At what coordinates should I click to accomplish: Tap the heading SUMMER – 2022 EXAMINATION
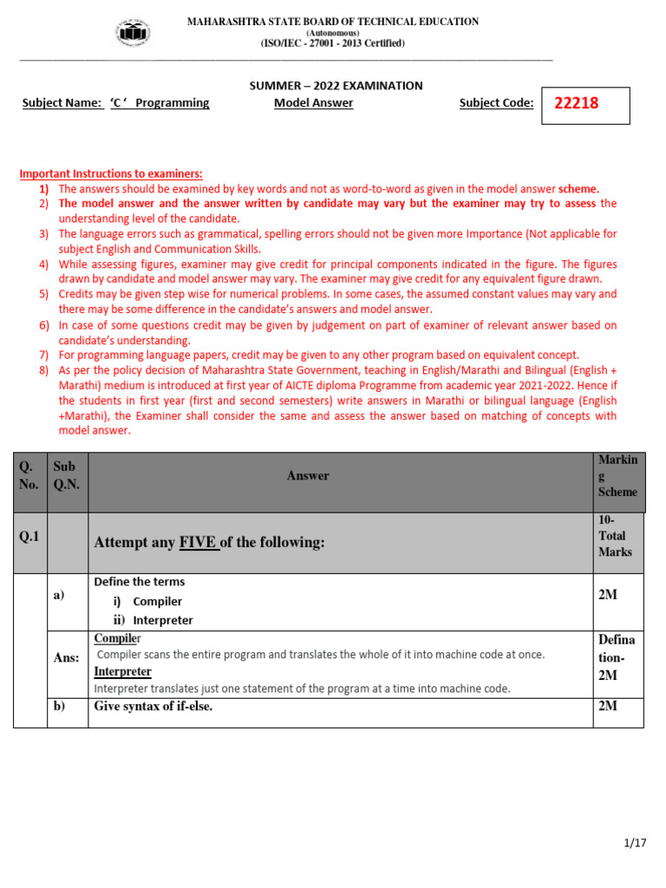336,85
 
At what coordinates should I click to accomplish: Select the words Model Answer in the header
313,102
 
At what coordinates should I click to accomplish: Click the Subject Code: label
496,102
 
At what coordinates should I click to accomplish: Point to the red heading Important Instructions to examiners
111,173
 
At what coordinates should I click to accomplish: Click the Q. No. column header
29,475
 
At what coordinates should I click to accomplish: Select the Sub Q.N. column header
66,475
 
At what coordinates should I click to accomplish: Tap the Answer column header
308,475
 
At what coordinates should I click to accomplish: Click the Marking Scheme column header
617,475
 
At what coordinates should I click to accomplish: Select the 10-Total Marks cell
615,536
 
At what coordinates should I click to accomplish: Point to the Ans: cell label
66,658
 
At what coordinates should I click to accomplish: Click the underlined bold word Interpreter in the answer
122,671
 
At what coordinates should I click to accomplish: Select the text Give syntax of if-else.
153,706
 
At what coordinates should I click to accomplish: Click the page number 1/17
635,842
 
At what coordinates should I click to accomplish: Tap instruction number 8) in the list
43,370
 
